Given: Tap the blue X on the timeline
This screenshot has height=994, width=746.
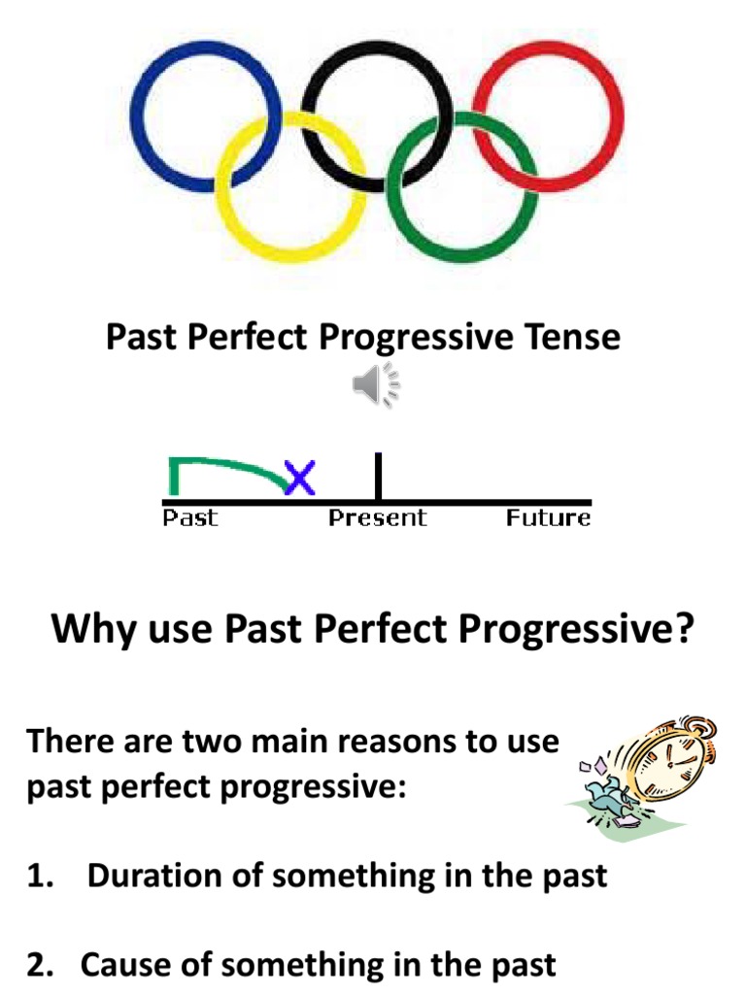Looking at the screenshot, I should pyautogui.click(x=299, y=476).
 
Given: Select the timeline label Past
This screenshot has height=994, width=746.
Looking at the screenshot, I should pyautogui.click(x=189, y=517).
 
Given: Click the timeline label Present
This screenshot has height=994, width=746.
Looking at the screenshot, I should pyautogui.click(x=377, y=517).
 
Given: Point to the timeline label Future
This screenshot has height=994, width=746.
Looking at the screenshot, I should pyautogui.click(x=548, y=517).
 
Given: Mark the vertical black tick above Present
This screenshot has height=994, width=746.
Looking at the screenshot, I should pyautogui.click(x=377, y=476).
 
